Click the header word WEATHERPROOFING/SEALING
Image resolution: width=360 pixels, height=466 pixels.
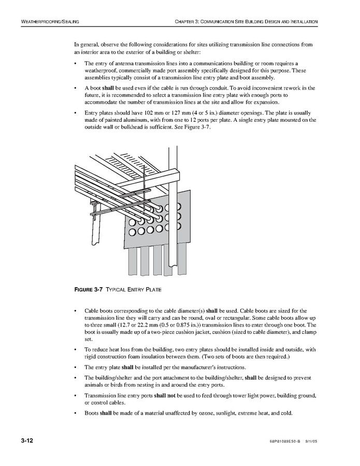click(50, 21)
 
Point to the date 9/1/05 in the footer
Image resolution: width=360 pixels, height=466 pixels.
click(310, 442)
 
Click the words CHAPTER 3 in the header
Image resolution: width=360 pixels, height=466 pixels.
click(188, 21)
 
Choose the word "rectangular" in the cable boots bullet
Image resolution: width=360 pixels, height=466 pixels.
click(221, 318)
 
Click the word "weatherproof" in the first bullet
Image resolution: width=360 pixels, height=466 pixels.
click(102, 70)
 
